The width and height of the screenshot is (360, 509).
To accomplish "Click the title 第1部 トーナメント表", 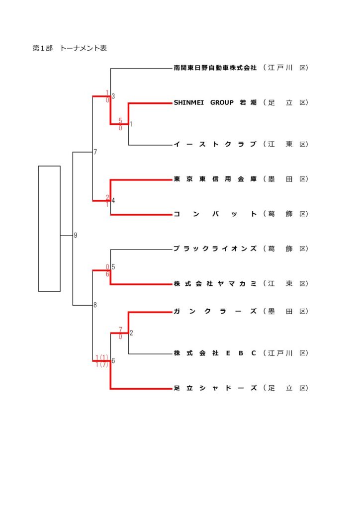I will point(70,48).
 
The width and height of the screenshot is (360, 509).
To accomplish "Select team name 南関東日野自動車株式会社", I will point(215,68).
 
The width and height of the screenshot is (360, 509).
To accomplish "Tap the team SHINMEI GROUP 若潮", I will point(215,103).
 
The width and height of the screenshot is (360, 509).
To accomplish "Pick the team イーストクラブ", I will point(215,145).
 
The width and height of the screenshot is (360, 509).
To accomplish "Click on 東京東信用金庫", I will point(215,179).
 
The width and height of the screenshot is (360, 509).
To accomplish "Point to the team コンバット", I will point(215,214).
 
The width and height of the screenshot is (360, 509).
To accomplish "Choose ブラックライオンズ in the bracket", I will point(215,249).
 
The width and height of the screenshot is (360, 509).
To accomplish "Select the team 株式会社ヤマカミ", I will point(215,284).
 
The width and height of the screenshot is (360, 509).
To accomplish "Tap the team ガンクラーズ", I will point(215,312).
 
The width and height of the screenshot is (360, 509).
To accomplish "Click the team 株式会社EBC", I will point(215,353).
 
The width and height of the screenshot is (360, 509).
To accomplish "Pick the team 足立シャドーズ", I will point(215,388).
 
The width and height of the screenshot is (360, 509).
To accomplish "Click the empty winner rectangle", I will point(49,228).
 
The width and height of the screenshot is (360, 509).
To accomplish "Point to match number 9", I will point(76,236).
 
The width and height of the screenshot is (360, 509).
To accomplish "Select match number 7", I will point(95,152).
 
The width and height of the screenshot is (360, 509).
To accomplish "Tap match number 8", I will point(95,305).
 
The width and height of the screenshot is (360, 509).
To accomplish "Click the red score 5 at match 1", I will point(120,120).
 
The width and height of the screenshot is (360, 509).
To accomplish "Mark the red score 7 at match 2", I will point(120,330).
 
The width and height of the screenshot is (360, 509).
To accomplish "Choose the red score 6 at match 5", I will point(107,274).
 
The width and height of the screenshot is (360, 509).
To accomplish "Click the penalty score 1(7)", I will point(102,365).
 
